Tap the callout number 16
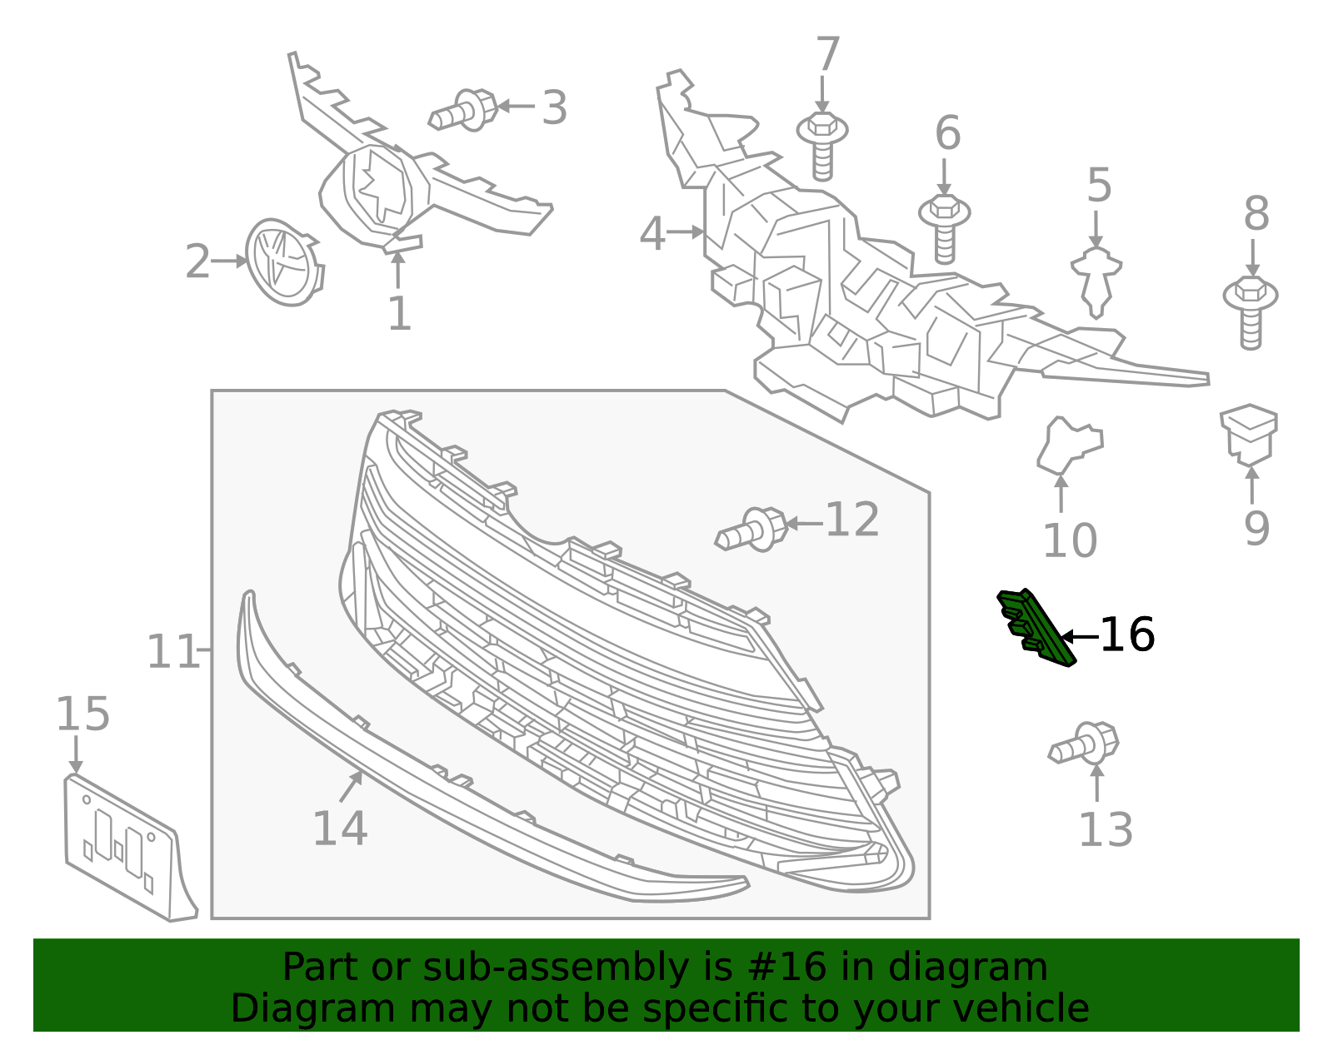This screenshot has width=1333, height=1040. [x=1127, y=635]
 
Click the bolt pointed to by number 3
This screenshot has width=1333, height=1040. [x=464, y=111]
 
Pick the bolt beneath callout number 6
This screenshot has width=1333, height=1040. [x=945, y=229]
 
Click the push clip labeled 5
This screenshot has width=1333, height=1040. [x=1096, y=282]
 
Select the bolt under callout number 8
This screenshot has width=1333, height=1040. [x=1251, y=312]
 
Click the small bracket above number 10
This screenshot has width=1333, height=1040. [x=1070, y=445]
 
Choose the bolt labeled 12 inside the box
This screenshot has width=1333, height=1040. [x=752, y=530]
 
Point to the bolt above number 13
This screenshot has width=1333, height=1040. [x=1084, y=744]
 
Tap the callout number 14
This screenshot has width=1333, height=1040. [x=340, y=829]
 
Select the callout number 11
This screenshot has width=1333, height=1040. [x=172, y=651]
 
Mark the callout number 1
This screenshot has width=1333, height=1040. [x=399, y=314]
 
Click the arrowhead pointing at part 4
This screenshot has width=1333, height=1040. [x=697, y=232]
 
